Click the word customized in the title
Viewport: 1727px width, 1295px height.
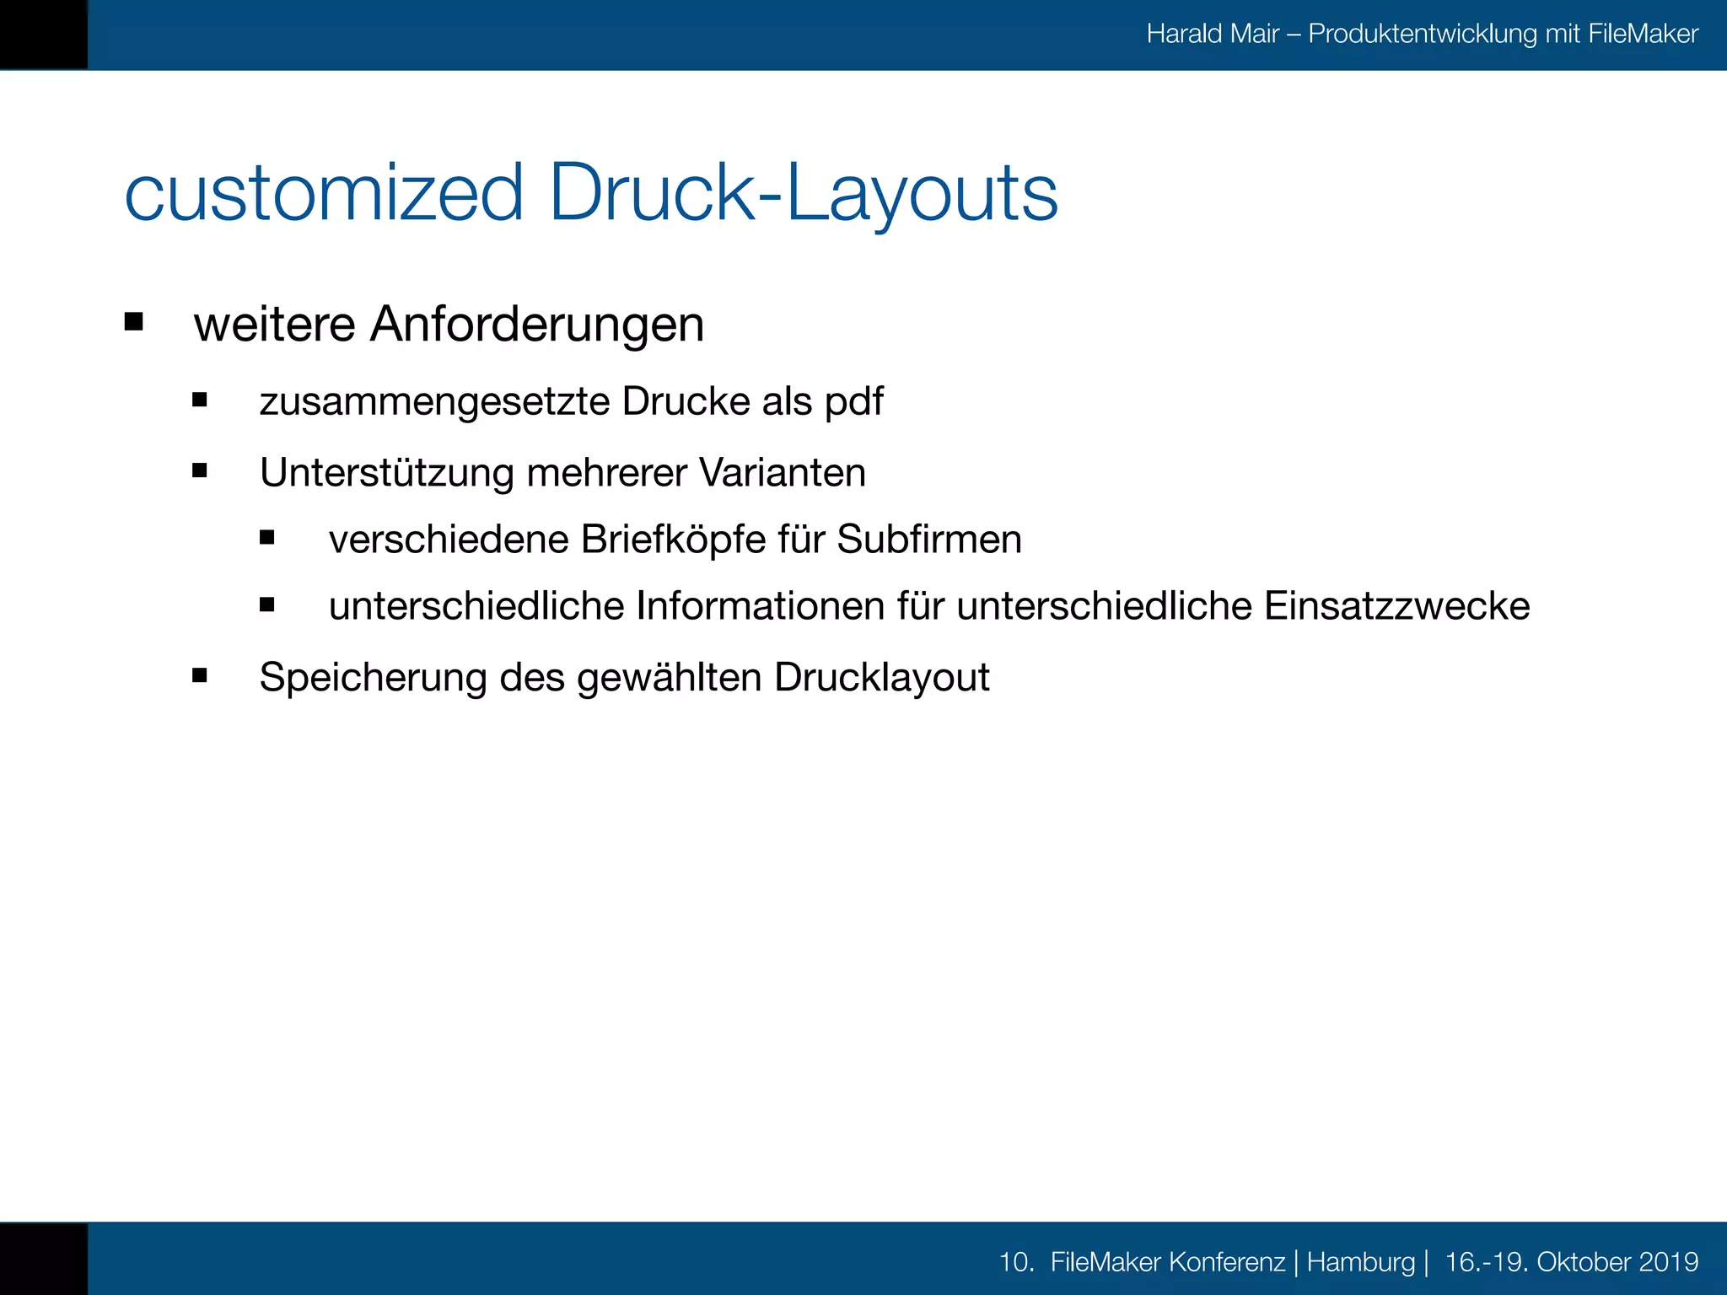(325, 194)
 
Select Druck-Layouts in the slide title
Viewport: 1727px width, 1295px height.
(803, 194)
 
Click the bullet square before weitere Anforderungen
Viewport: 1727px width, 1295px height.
(133, 321)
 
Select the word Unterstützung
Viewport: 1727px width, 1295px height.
(386, 473)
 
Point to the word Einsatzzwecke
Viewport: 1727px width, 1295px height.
(1396, 606)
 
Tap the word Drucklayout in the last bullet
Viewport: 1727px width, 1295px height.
(881, 677)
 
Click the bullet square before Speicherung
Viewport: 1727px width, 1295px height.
(200, 674)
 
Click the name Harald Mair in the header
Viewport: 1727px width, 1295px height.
(1213, 34)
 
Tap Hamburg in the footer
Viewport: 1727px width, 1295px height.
(1360, 1262)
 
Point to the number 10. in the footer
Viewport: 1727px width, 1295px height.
(1016, 1262)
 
